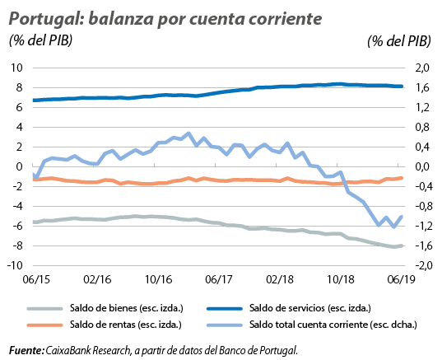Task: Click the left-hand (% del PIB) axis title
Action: point(41,40)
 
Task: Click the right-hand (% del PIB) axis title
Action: point(399,41)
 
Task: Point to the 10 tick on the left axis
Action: point(16,68)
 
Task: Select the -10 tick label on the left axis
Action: point(14,265)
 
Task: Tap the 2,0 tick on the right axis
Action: point(422,68)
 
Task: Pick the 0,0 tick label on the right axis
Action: point(422,166)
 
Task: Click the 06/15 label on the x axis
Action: point(36,279)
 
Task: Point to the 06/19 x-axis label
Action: point(402,279)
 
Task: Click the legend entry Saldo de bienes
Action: point(127,308)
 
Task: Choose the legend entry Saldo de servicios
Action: point(310,308)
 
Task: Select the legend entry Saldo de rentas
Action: point(126,325)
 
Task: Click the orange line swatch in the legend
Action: point(44,325)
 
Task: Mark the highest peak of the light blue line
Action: point(188,133)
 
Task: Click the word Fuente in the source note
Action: point(26,351)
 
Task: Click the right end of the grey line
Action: point(402,246)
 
